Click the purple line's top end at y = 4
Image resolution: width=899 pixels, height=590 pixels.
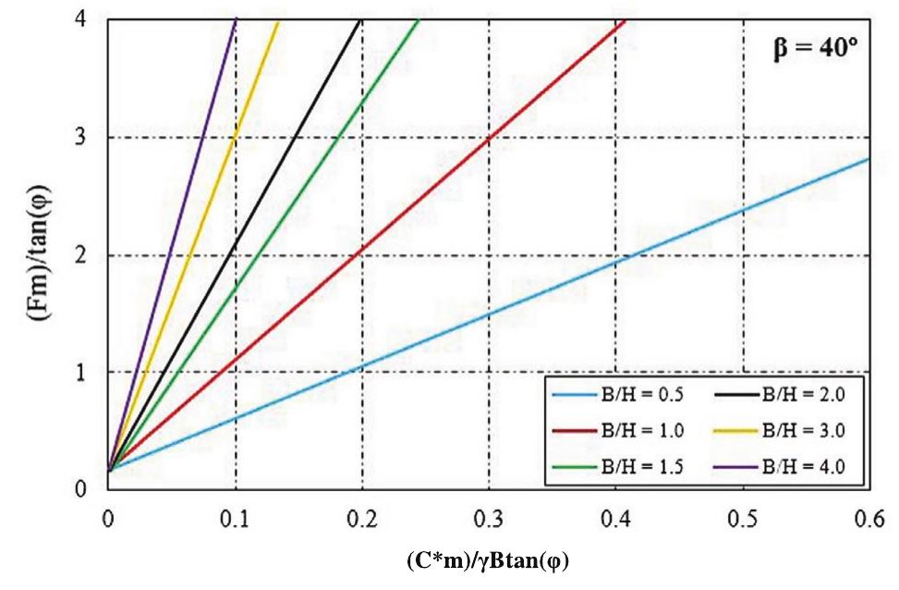[236, 19]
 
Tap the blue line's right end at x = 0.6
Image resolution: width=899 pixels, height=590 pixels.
[869, 159]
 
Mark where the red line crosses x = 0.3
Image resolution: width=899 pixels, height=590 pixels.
[489, 136]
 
